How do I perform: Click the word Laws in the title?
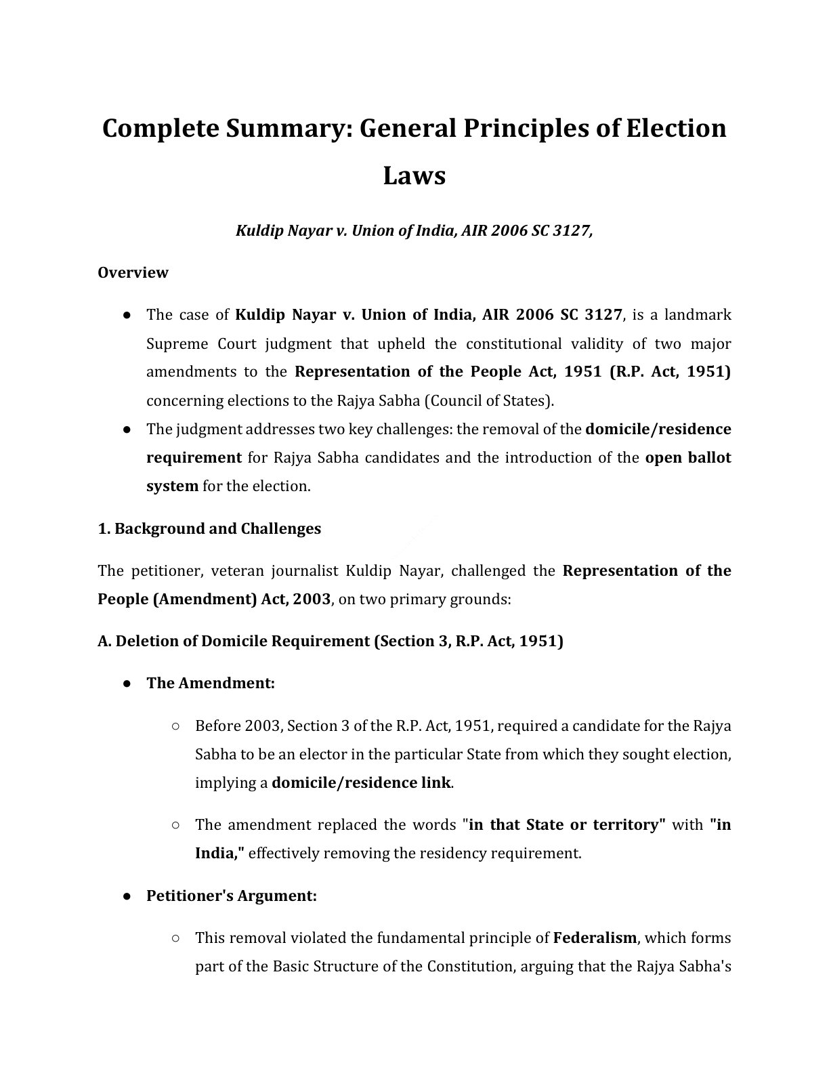tap(414, 175)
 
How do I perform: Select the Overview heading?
tap(133, 272)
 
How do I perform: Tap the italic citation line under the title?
tap(414, 230)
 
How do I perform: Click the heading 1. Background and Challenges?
tap(209, 528)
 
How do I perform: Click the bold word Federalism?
tap(595, 938)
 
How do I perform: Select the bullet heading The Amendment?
tap(211, 683)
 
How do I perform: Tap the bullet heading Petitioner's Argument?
tap(232, 896)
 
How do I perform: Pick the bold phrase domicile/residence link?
tap(361, 782)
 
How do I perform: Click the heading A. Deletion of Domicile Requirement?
tap(330, 641)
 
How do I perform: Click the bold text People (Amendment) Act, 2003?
tap(214, 599)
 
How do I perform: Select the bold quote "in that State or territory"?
tap(564, 824)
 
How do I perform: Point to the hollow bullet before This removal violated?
tap(175, 938)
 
